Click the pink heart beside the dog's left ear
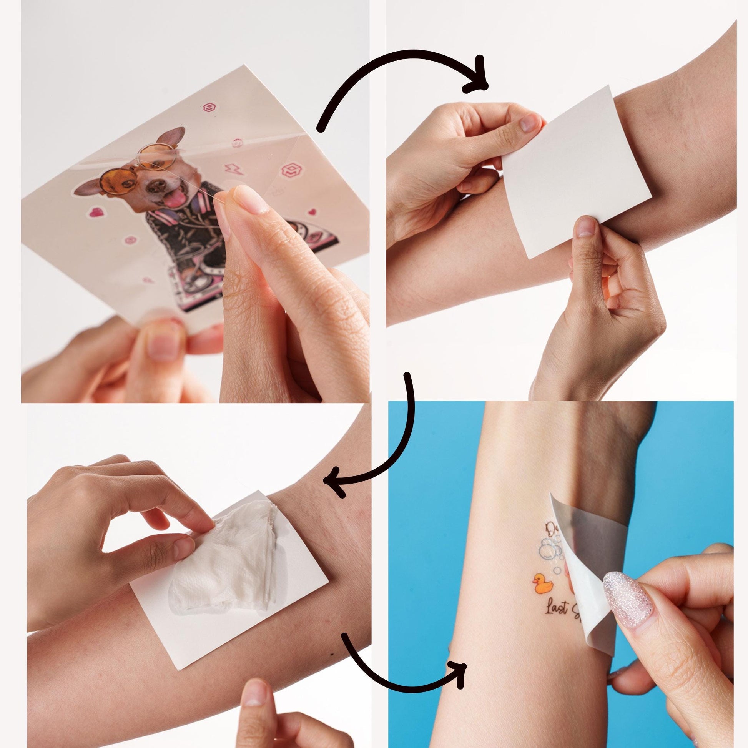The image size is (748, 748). (x=95, y=211)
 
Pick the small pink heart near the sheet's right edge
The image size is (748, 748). (x=312, y=212)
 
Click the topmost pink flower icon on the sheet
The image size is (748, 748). (x=209, y=107)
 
